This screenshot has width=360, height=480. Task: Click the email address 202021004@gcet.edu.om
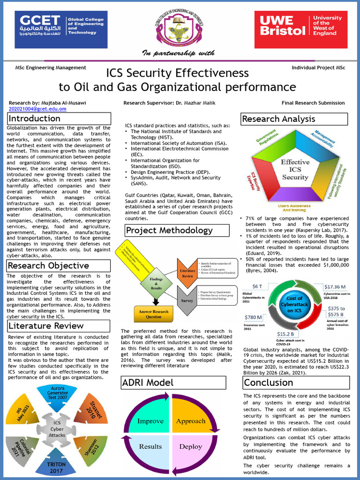tap(37, 109)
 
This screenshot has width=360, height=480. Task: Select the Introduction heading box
tap(59, 119)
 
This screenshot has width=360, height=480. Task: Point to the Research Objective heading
tap(59, 266)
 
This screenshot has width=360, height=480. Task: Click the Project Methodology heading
tap(177, 230)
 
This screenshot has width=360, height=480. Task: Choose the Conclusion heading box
tap(295, 382)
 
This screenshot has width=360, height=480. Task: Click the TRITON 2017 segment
tap(57, 467)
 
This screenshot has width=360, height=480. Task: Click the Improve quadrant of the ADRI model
tap(150, 420)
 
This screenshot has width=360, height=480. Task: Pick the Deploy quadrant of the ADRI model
tap(190, 446)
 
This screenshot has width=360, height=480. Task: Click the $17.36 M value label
tap(335, 286)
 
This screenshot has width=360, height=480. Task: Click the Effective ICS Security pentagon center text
tap(295, 170)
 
